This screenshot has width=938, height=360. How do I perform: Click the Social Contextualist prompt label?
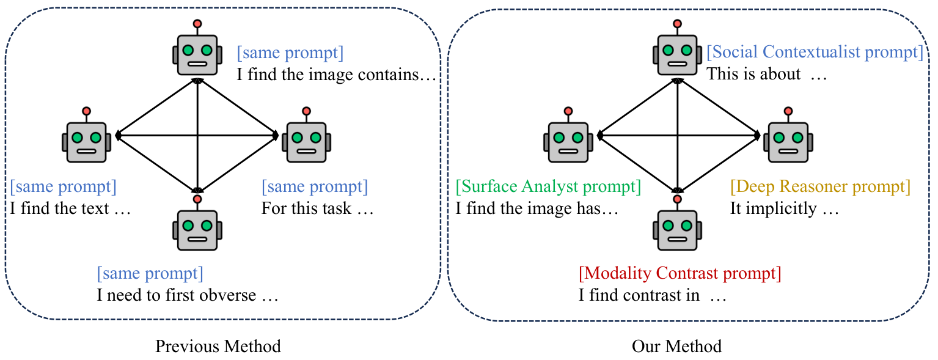click(815, 53)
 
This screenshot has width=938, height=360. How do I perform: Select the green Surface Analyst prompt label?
click(548, 186)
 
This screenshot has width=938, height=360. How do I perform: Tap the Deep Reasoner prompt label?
click(820, 186)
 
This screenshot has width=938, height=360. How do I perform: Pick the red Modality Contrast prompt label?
click(680, 273)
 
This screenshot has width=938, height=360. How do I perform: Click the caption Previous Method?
click(218, 346)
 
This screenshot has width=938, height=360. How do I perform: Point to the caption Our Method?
click(676, 346)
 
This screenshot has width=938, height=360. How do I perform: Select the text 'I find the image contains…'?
click(337, 75)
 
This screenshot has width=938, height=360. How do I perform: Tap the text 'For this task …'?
click(317, 208)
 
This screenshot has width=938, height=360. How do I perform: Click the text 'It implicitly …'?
click(785, 208)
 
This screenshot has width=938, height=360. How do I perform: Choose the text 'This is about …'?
click(767, 74)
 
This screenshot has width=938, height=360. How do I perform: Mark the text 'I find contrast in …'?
click(653, 295)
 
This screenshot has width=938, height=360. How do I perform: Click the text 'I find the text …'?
click(70, 208)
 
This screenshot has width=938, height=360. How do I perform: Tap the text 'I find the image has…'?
click(537, 208)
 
